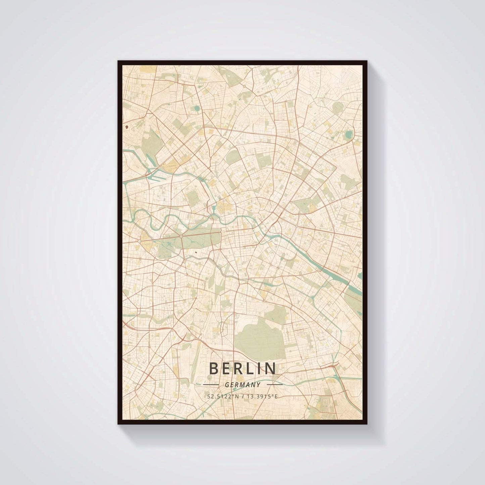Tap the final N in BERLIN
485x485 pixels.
tap(272, 369)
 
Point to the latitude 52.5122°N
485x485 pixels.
tap(223, 396)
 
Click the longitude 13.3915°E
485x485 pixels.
tap(263, 396)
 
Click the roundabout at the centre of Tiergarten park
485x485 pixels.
tap(181, 237)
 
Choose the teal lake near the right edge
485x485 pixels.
tap(348, 135)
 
